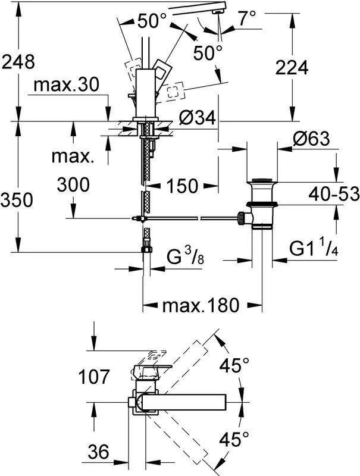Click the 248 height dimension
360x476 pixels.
18,62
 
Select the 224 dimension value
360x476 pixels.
292,67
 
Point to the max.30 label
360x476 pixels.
66,84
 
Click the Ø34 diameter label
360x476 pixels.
197,117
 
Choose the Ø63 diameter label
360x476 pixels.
311,139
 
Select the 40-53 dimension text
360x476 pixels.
334,194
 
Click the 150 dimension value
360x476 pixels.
182,186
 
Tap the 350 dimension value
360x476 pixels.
17,200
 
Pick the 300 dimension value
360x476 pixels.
73,184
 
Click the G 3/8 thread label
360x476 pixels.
185,256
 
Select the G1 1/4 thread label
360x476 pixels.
314,249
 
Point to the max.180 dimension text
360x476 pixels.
201,305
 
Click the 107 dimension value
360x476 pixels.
94,377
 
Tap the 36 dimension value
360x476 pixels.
98,452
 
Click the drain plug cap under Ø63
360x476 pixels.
262,181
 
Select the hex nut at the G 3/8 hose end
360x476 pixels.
146,249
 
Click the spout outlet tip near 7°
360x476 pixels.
217,11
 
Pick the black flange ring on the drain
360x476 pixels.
262,203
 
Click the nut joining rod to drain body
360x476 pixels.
242,218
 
